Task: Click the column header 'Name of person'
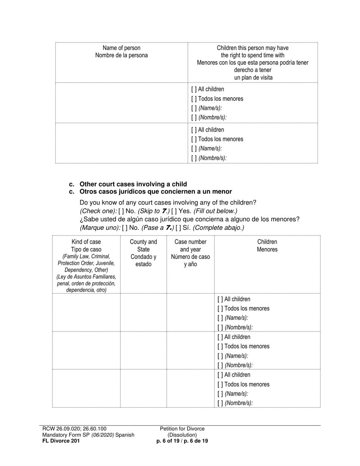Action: point(121,48)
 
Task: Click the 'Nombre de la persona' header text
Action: point(121,55)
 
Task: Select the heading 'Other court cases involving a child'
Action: point(133,184)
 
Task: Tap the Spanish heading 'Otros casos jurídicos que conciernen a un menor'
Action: point(155,192)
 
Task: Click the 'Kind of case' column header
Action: point(86,242)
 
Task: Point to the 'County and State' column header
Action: point(143,246)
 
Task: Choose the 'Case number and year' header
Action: point(190,246)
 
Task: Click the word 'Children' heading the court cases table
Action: point(267,242)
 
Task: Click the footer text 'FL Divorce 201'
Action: point(61,441)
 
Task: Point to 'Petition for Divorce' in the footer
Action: point(182,429)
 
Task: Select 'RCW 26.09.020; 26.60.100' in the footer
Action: point(74,429)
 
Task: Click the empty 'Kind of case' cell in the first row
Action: point(86,313)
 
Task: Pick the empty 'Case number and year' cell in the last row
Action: point(190,388)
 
